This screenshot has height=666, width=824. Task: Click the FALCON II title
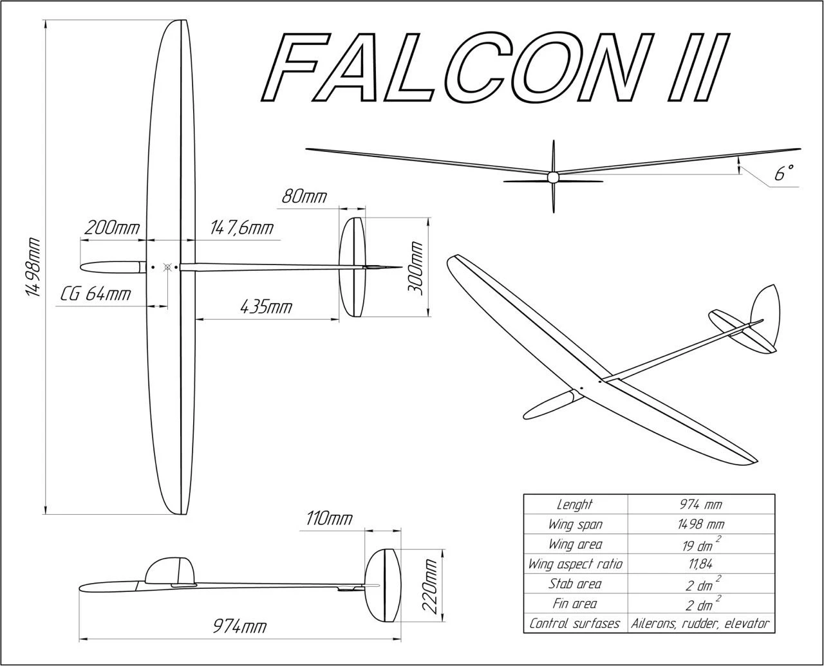(496, 68)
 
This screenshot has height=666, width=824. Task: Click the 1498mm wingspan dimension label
(33, 267)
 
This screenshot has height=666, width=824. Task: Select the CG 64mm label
(96, 294)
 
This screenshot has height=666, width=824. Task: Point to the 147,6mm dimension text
(241, 228)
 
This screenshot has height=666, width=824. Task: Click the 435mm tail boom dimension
(265, 307)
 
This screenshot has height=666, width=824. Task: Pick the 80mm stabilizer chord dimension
(304, 196)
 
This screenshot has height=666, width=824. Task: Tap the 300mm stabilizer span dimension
(416, 268)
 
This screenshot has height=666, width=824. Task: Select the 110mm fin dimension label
(329, 518)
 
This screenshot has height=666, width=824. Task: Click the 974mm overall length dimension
(239, 626)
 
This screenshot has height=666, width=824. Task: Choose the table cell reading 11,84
(700, 564)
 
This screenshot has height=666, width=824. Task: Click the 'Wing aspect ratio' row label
(575, 564)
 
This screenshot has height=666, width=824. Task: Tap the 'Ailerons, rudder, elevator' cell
(700, 624)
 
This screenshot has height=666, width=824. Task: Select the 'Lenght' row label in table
(575, 504)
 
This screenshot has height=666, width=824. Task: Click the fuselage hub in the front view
(553, 177)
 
